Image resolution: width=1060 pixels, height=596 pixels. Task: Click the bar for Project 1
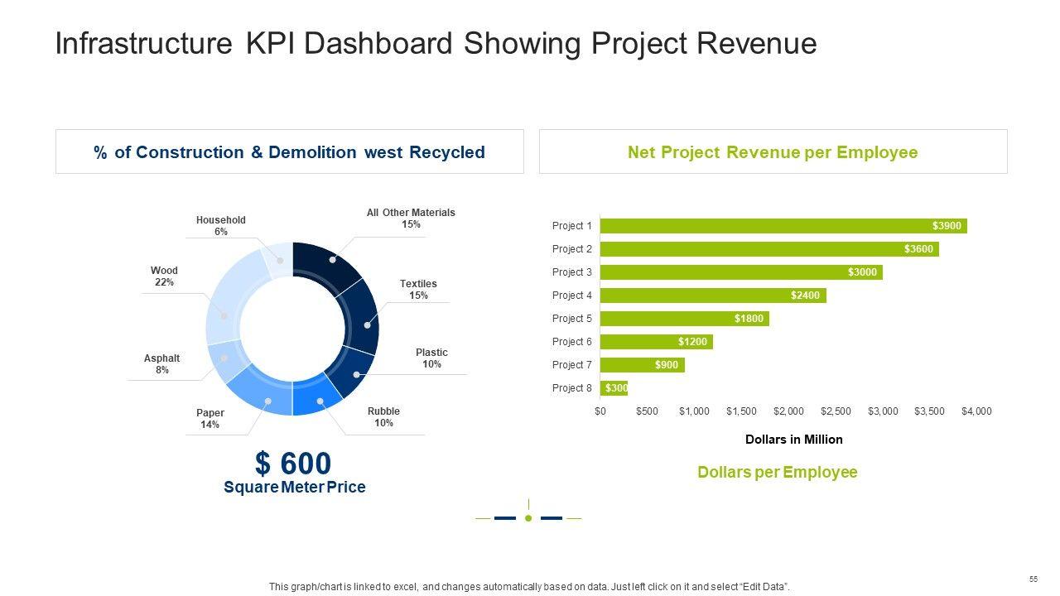[783, 226]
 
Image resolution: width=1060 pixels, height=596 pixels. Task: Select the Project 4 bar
[712, 296]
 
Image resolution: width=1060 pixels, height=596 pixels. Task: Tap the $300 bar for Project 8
[614, 388]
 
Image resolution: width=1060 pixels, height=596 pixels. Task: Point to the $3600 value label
[918, 249]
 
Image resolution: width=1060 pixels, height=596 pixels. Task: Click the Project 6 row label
[571, 342]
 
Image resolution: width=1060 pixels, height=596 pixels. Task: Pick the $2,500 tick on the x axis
[836, 411]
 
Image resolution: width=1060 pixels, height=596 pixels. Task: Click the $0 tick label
[600, 411]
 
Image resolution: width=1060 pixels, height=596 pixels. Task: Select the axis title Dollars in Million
[793, 440]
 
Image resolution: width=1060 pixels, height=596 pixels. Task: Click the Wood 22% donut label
[164, 276]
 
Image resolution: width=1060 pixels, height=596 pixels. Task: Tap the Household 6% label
[220, 226]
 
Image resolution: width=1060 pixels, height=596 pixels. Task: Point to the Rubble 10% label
[383, 417]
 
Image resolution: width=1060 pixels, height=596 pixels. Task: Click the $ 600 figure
[293, 464]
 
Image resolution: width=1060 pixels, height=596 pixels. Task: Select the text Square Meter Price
[294, 488]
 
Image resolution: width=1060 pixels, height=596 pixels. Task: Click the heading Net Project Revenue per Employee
[773, 152]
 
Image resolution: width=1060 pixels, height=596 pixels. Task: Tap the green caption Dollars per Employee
[777, 472]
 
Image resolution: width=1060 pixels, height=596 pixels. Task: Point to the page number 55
[1033, 579]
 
